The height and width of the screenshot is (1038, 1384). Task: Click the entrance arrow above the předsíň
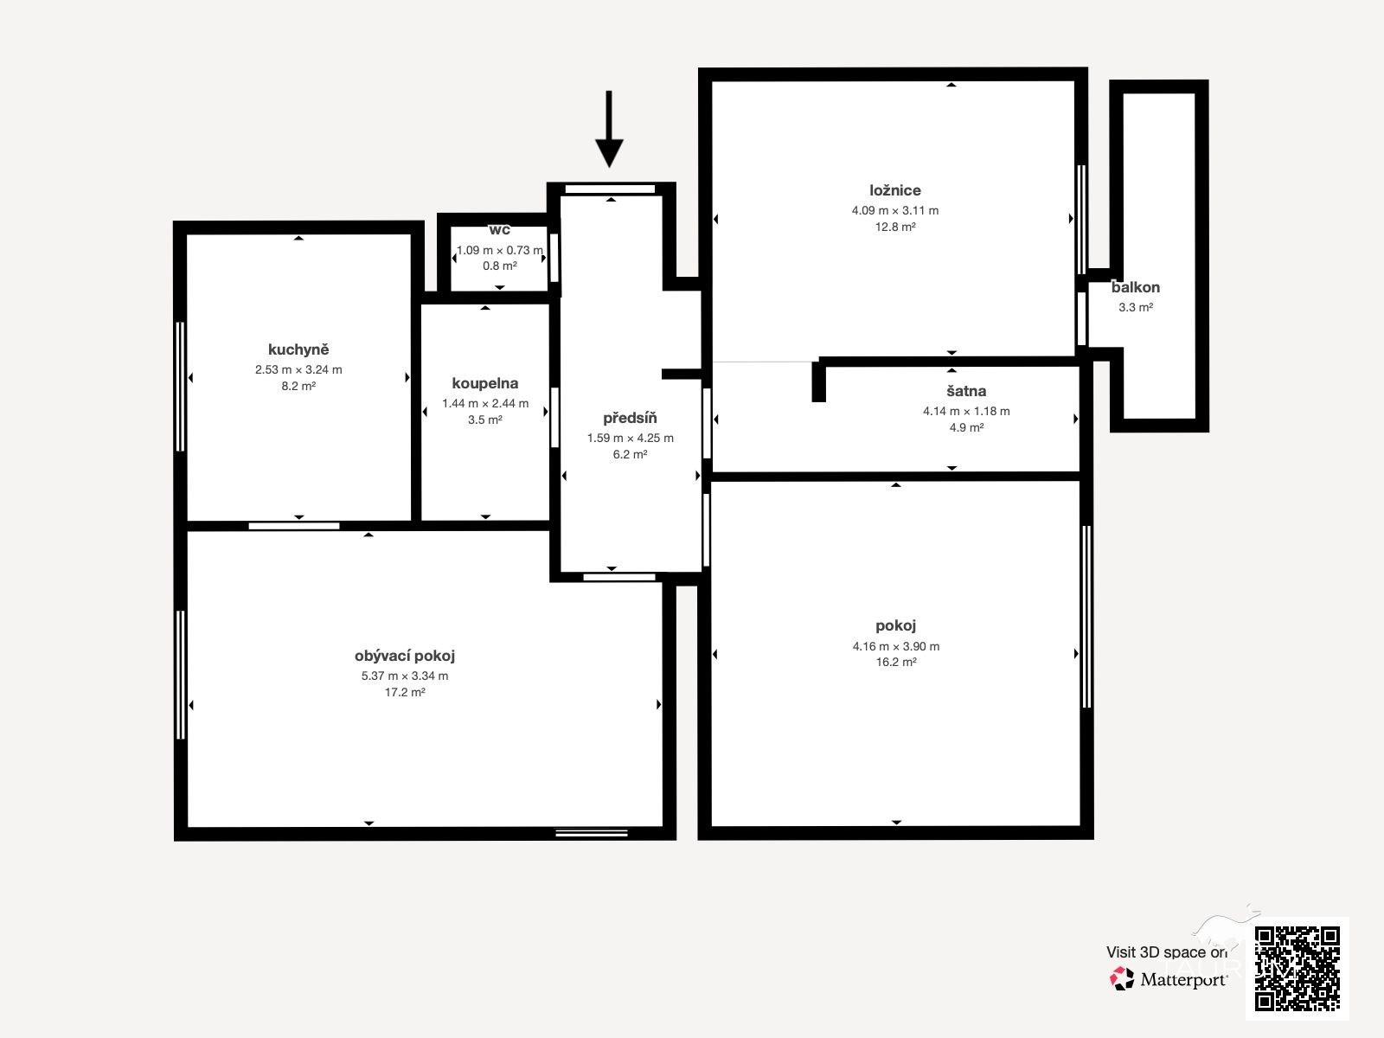click(x=609, y=129)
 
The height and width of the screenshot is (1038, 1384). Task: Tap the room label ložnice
click(x=894, y=190)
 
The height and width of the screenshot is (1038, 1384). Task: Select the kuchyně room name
click(x=298, y=349)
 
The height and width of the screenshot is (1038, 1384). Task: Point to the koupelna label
click(x=485, y=383)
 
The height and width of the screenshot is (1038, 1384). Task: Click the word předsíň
click(x=630, y=418)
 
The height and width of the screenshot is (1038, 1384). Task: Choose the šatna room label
click(x=966, y=391)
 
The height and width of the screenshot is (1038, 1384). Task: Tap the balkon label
click(x=1136, y=287)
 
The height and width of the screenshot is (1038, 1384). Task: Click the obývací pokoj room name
click(x=405, y=656)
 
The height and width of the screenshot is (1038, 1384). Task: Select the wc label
click(x=499, y=230)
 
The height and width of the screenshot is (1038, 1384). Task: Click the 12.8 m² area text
click(x=894, y=227)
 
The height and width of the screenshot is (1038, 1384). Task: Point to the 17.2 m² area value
click(x=405, y=692)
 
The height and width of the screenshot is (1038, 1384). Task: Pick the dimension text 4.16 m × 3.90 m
click(x=896, y=646)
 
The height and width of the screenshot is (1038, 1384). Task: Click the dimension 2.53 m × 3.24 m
click(x=298, y=370)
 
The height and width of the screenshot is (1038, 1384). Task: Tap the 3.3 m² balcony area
click(x=1136, y=308)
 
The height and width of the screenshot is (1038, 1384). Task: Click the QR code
click(x=1297, y=969)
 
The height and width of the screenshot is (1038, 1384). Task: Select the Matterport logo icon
click(x=1122, y=979)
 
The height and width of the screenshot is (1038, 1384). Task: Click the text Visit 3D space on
click(x=1167, y=952)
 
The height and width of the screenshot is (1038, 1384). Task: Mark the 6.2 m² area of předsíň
click(x=630, y=454)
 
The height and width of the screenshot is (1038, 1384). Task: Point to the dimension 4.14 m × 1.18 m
click(x=966, y=412)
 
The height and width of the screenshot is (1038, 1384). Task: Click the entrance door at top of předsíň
click(x=610, y=189)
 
